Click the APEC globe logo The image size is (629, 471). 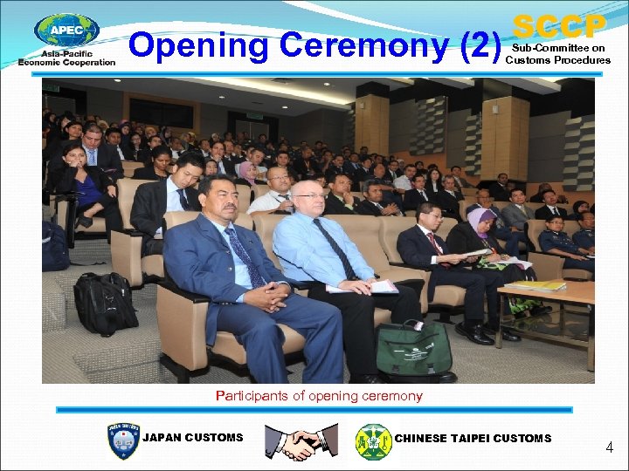click(x=66, y=31)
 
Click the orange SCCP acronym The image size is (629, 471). click(x=559, y=24)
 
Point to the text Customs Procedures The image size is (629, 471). click(x=557, y=60)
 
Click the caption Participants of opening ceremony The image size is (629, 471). click(x=319, y=396)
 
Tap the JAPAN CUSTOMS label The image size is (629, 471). click(x=192, y=438)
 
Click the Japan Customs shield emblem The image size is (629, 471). click(x=122, y=440)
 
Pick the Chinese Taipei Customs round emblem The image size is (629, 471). click(x=373, y=441)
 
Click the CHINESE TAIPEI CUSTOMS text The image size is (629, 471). click(x=473, y=438)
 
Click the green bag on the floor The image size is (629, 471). click(x=413, y=346)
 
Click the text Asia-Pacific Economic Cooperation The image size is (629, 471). click(x=66, y=58)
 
